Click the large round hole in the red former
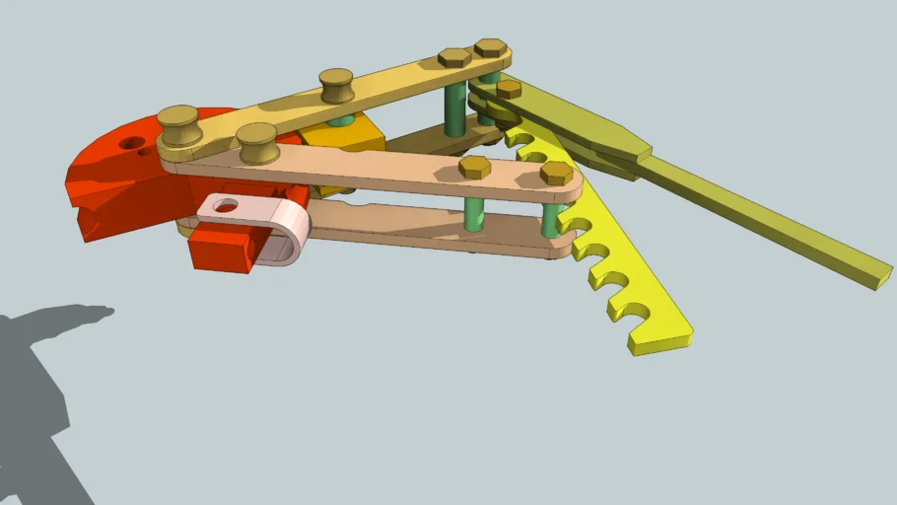point(132,143)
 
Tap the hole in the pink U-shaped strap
point(226,206)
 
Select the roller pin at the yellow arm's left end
point(180,125)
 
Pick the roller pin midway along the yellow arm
point(337,85)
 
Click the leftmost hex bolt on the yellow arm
point(454,57)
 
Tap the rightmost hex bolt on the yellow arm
point(491,47)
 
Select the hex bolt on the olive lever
point(509,89)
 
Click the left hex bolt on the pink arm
point(475,167)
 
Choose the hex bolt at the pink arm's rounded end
point(556,174)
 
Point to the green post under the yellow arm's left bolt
point(454,108)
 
